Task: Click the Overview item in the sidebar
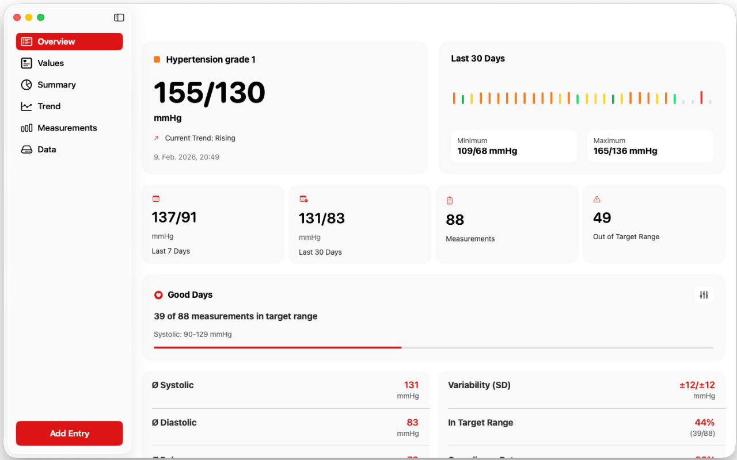[x=69, y=41]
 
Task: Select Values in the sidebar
[x=51, y=63]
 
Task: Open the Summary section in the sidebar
[x=56, y=85]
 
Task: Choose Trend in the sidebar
[x=49, y=106]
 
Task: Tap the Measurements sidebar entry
[x=67, y=128]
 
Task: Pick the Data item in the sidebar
[x=47, y=149]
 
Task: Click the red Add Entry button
[x=69, y=434]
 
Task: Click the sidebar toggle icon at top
[x=119, y=18]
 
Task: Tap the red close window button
[x=17, y=18]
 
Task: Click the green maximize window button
[x=41, y=18]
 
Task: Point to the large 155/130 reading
[x=210, y=93]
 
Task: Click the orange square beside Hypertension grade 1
[x=157, y=59]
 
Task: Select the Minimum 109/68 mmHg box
[x=514, y=146]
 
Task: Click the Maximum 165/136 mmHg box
[x=650, y=146]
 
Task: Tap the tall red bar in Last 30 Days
[x=701, y=97]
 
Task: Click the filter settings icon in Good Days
[x=704, y=295]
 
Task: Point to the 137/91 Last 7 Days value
[x=174, y=217]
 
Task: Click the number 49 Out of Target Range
[x=602, y=218]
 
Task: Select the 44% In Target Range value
[x=704, y=423]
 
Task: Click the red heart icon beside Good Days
[x=158, y=295]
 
